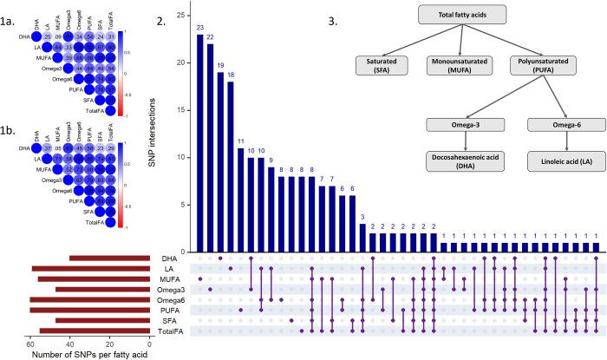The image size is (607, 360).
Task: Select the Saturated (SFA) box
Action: (x=387, y=65)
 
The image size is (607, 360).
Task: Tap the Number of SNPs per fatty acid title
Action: (x=90, y=354)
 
